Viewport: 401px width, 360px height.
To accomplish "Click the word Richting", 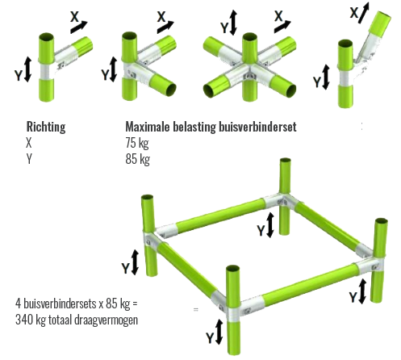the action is pyautogui.click(x=46, y=127).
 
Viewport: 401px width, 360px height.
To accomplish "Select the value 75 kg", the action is pyautogui.click(x=137, y=143).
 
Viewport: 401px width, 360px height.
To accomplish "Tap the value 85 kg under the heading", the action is pyautogui.click(x=137, y=159).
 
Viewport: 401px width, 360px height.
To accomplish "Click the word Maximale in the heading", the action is pyautogui.click(x=148, y=127).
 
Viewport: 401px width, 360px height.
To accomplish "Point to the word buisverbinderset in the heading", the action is pyautogui.click(x=257, y=127).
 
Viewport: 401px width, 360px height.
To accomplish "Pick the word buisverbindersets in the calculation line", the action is pyautogui.click(x=60, y=303).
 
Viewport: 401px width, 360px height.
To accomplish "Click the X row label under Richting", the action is pyautogui.click(x=29, y=143).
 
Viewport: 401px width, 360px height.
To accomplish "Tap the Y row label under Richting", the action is pyautogui.click(x=29, y=159).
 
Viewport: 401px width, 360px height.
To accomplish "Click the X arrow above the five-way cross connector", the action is pyautogui.click(x=282, y=27).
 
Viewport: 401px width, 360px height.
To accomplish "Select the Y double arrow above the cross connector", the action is pyautogui.click(x=233, y=23).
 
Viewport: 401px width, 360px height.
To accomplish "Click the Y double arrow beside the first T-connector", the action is pyautogui.click(x=27, y=69).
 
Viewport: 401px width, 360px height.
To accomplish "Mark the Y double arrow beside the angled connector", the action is pyautogui.click(x=326, y=77).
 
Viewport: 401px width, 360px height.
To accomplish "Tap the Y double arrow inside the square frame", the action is pyautogui.click(x=270, y=225).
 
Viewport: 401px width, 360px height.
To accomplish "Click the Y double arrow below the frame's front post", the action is pyautogui.click(x=219, y=332).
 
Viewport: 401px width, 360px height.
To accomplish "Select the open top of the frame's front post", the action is pyautogui.click(x=233, y=269).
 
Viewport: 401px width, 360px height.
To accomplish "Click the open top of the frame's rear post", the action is pyautogui.click(x=286, y=160).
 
